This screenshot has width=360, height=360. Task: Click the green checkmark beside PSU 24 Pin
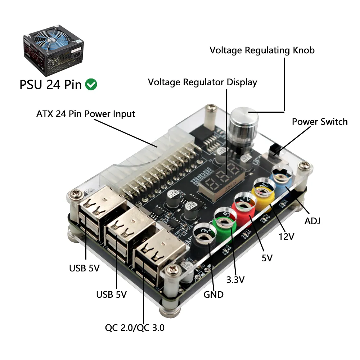pyautogui.click(x=91, y=85)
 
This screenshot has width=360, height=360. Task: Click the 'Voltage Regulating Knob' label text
pyautogui.click(x=262, y=50)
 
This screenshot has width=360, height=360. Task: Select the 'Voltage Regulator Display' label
pyautogui.click(x=202, y=82)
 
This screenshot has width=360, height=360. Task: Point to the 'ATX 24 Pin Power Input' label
pyautogui.click(x=86, y=114)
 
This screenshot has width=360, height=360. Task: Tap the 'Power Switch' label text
pyautogui.click(x=320, y=122)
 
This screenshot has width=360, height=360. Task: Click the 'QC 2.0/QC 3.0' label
pyautogui.click(x=135, y=328)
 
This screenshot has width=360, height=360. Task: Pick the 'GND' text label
pyautogui.click(x=213, y=294)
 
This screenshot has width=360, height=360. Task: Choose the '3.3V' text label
pyautogui.click(x=236, y=279)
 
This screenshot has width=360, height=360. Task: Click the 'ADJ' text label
pyautogui.click(x=312, y=221)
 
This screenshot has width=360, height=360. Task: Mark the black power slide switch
pyautogui.click(x=275, y=150)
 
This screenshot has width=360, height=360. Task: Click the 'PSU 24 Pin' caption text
pyautogui.click(x=50, y=85)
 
